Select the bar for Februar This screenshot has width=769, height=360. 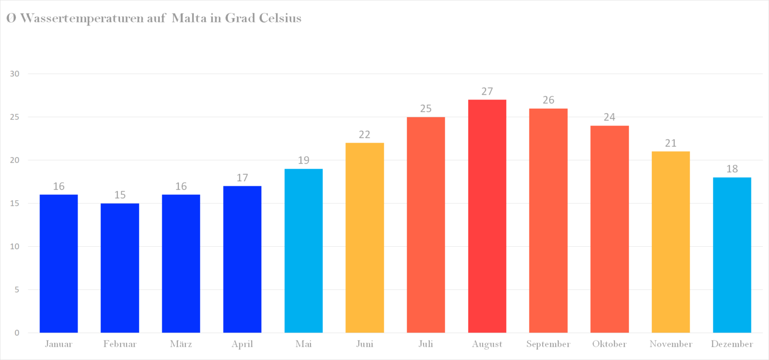click(120, 268)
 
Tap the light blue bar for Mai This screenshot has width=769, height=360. click(303, 250)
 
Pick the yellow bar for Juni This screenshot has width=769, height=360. click(364, 238)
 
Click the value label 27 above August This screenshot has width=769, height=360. click(487, 92)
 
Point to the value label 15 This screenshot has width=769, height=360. click(120, 195)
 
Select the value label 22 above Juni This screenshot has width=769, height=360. click(364, 135)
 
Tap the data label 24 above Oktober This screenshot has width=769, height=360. click(609, 117)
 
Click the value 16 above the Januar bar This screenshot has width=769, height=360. click(59, 186)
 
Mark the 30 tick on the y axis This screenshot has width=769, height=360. click(15, 74)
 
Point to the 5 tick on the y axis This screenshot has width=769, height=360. click(17, 290)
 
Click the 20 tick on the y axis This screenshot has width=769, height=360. click(15, 160)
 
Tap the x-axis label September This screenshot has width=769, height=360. click(548, 344)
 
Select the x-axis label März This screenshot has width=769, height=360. click(181, 344)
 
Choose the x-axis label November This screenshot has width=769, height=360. click(671, 344)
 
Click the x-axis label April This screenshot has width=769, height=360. click(242, 344)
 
